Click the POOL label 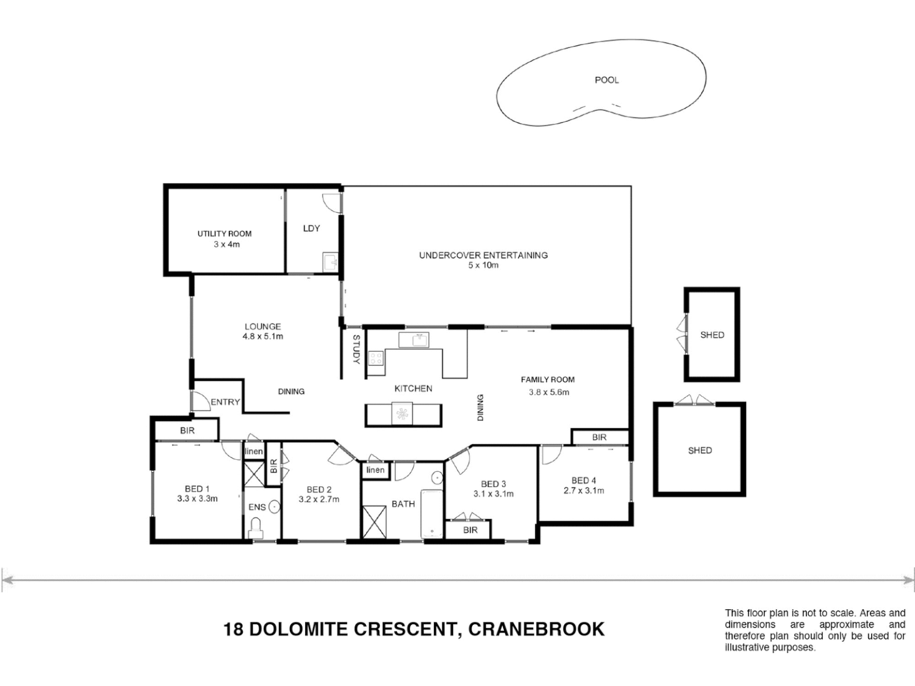click(606, 80)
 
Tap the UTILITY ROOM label click(224, 234)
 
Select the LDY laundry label click(311, 228)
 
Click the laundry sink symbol click(330, 262)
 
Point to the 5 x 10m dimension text click(483, 266)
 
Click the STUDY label click(356, 349)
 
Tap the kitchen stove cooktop click(376, 358)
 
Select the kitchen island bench click(403, 415)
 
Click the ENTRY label click(225, 402)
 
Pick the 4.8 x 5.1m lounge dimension click(262, 337)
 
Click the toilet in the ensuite click(255, 528)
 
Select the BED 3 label click(493, 484)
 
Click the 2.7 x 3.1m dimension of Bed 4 click(584, 490)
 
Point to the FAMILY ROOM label click(548, 380)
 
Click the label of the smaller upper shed click(712, 335)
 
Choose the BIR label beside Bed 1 click(187, 431)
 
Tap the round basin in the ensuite click(274, 507)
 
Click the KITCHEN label click(413, 389)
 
